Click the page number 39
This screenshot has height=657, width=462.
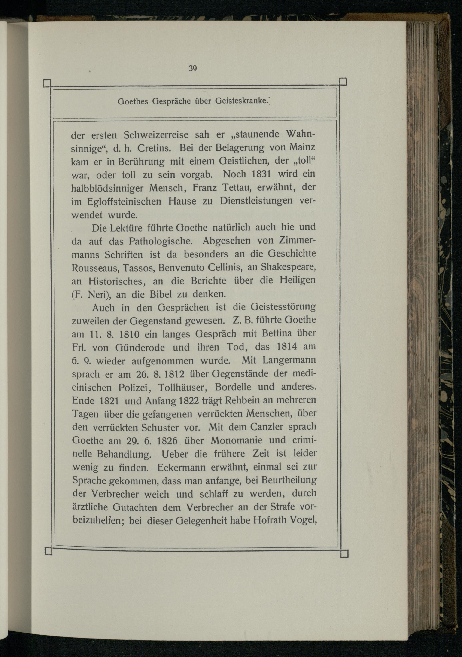(192, 68)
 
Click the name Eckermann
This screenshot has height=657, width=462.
(181, 468)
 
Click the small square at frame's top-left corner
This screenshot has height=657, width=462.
(47, 84)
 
